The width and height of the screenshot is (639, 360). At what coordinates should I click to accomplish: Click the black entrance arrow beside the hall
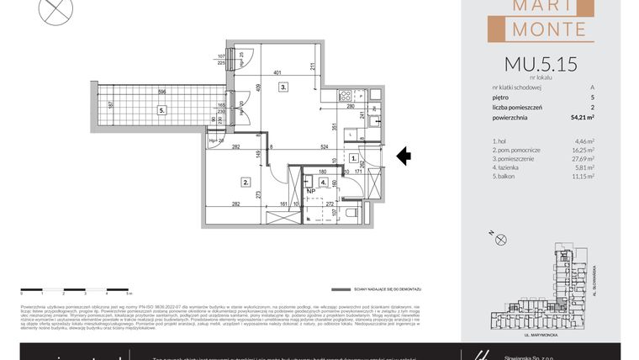(404, 156)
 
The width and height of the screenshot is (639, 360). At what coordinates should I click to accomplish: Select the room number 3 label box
(284, 86)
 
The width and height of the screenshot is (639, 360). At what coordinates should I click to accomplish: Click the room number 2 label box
(246, 181)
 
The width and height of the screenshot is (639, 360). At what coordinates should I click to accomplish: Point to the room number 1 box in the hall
(355, 157)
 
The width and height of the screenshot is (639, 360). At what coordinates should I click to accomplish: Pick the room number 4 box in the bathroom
(325, 182)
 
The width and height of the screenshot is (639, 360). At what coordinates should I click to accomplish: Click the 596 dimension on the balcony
(149, 92)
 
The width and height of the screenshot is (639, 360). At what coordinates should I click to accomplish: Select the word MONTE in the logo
(549, 29)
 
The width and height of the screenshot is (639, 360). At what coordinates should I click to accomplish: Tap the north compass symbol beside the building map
(502, 240)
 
